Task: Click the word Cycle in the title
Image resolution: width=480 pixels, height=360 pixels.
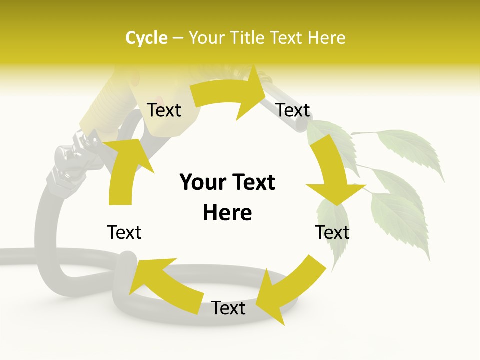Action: pyautogui.click(x=146, y=38)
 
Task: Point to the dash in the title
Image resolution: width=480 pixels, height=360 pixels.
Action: pyautogui.click(x=177, y=38)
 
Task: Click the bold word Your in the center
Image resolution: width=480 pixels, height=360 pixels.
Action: pyautogui.click(x=201, y=182)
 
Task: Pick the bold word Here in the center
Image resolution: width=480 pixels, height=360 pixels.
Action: pyautogui.click(x=227, y=213)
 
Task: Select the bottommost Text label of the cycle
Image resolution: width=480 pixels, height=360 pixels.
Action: pyautogui.click(x=228, y=308)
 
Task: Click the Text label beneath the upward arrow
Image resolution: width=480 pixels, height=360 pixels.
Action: pyautogui.click(x=124, y=232)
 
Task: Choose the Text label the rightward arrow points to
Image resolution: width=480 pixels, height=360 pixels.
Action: pyautogui.click(x=293, y=110)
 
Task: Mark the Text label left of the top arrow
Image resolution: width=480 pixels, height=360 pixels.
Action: pyautogui.click(x=164, y=110)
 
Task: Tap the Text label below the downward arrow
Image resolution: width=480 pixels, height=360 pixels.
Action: pyautogui.click(x=332, y=232)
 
